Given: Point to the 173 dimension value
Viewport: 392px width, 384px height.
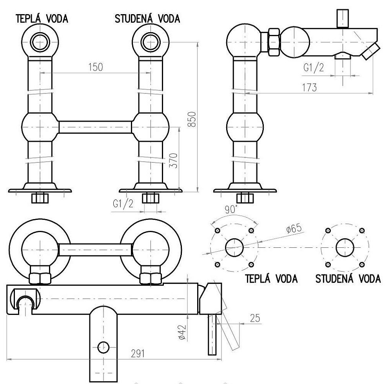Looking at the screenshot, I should tap(309, 87).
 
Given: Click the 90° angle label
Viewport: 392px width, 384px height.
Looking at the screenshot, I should tap(231, 210).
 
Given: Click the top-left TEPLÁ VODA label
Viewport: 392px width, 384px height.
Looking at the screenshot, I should tap(41, 19).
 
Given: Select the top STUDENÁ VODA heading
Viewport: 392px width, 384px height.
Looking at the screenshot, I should tap(147, 19).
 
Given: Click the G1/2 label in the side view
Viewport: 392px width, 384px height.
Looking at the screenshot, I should tap(314, 67).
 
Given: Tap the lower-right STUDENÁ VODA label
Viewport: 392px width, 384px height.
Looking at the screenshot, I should tap(348, 279).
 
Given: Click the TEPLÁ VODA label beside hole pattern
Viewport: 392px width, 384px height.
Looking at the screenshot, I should tap(271, 279).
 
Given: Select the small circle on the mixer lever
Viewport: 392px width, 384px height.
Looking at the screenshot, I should tap(103, 347).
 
